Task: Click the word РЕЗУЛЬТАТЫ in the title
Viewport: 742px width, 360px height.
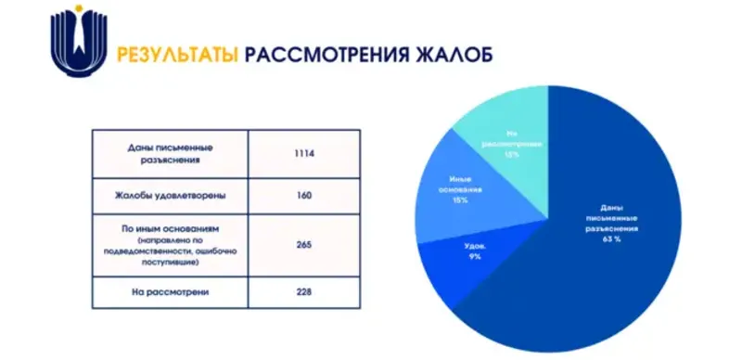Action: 174,53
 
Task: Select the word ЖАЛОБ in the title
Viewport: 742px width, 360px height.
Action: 450,53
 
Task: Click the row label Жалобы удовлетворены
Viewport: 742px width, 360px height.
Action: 171,196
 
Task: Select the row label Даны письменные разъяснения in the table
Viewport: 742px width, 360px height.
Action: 171,153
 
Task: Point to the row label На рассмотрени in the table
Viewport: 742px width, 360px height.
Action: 171,292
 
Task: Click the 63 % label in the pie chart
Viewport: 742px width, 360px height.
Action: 609,239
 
